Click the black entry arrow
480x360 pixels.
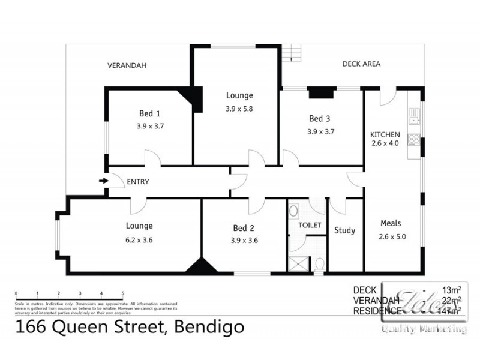point(103,181)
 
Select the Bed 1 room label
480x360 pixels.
point(149,113)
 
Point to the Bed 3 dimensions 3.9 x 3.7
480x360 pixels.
point(320,131)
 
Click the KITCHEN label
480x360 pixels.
point(385,134)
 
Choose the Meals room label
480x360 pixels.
point(391,223)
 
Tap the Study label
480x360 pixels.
point(345,230)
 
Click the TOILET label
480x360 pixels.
point(310,225)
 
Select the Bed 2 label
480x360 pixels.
point(244,228)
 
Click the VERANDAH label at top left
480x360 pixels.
point(127,65)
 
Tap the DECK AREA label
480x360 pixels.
point(361,64)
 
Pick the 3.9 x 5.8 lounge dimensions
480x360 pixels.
point(239,109)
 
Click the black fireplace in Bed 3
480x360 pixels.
point(320,92)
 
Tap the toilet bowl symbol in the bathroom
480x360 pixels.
point(320,263)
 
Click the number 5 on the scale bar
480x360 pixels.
point(123,293)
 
